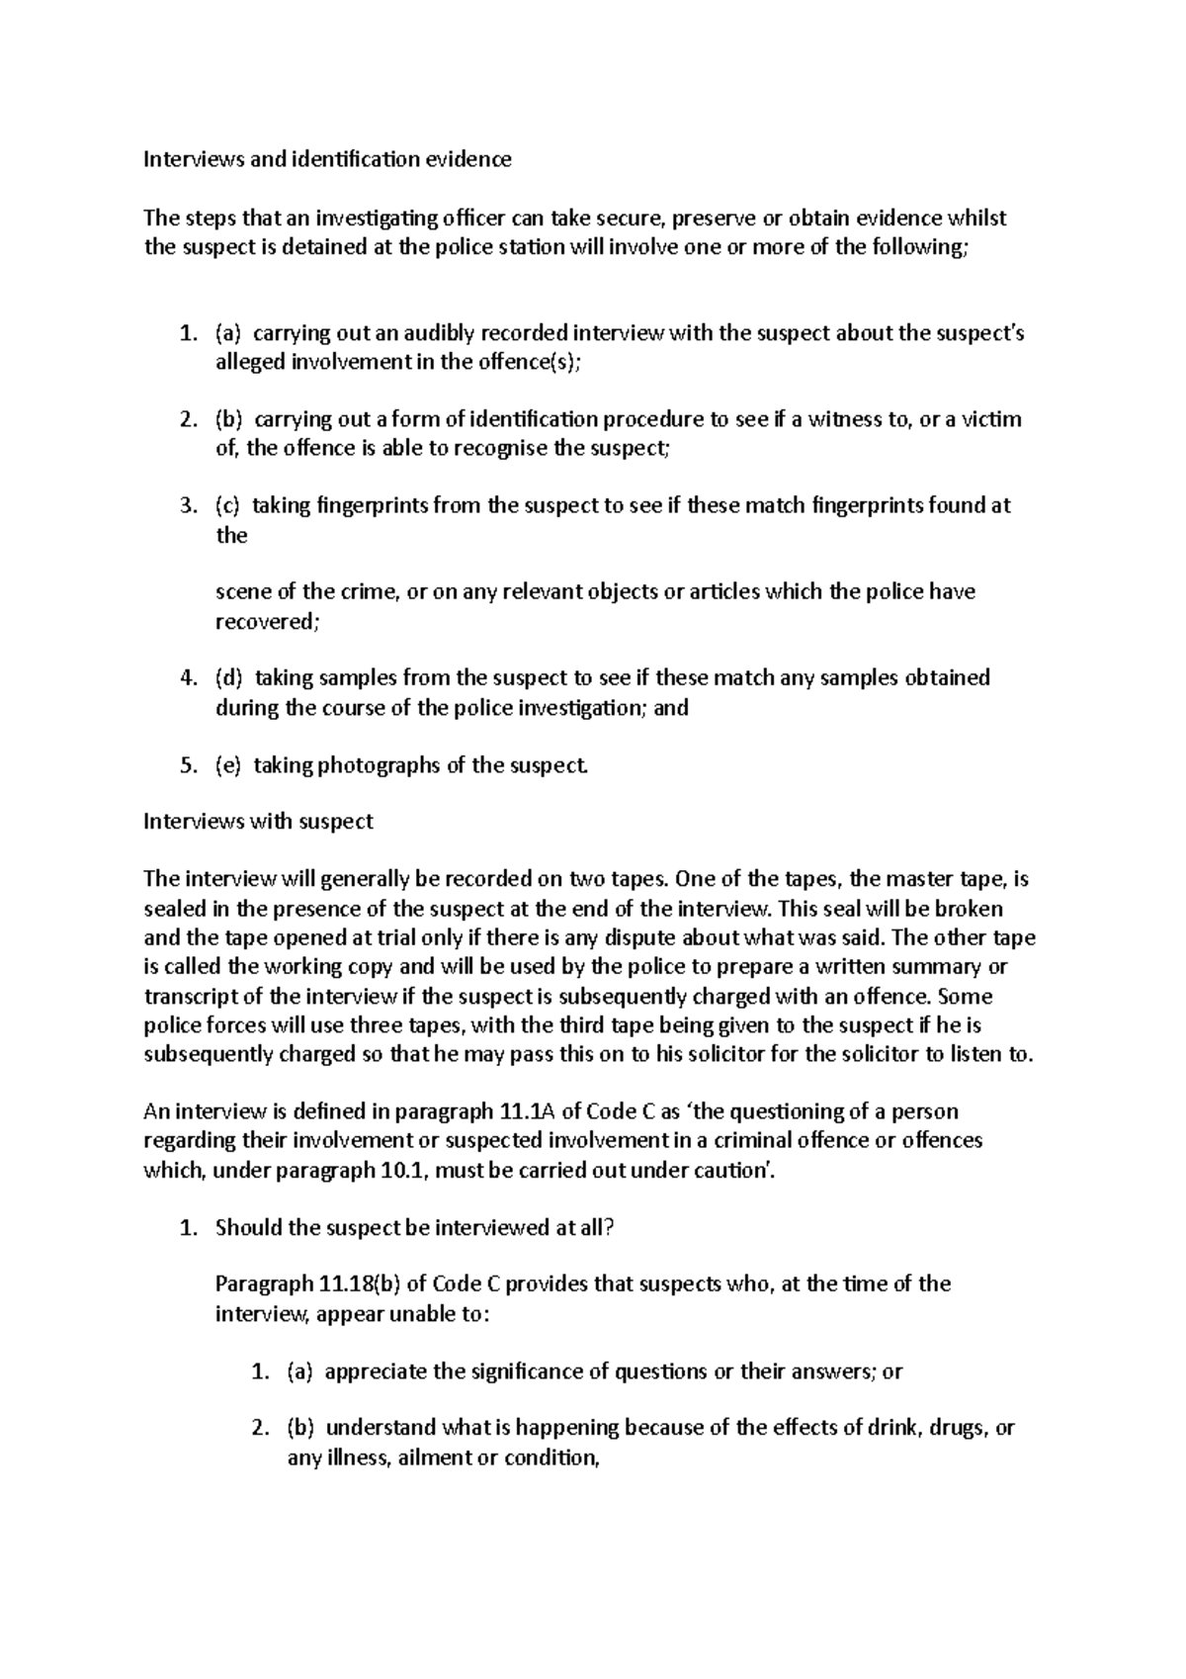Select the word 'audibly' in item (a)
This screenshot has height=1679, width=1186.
[x=410, y=332]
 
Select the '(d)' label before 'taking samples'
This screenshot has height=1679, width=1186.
[x=228, y=678]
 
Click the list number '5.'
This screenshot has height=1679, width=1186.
[x=188, y=764]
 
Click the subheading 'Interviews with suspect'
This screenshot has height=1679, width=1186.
[x=258, y=822]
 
